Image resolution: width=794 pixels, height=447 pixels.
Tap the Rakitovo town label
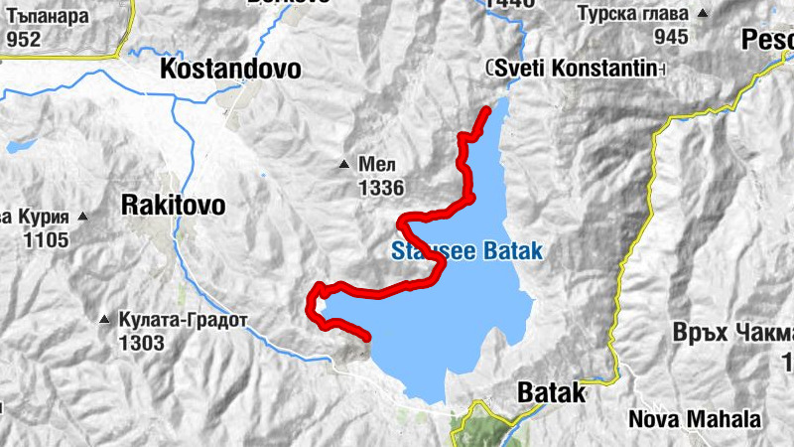pyautogui.click(x=173, y=205)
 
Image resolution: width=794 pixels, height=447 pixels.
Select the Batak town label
pyautogui.click(x=552, y=392)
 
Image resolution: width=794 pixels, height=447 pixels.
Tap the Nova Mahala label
pyautogui.click(x=696, y=419)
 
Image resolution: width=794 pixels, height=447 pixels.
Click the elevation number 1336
pyautogui.click(x=381, y=187)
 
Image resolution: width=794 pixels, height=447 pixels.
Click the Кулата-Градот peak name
pyautogui.click(x=184, y=322)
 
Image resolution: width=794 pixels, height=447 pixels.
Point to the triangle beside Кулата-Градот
pyautogui.click(x=105, y=321)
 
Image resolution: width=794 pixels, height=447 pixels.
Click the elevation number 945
pyautogui.click(x=671, y=38)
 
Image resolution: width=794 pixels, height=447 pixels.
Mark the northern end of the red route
pyautogui.click(x=487, y=109)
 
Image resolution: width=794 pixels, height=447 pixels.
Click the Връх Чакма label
pyautogui.click(x=735, y=334)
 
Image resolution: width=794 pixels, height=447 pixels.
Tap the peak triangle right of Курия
pyautogui.click(x=84, y=216)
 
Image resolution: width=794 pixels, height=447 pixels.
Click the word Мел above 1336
pyautogui.click(x=370, y=165)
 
